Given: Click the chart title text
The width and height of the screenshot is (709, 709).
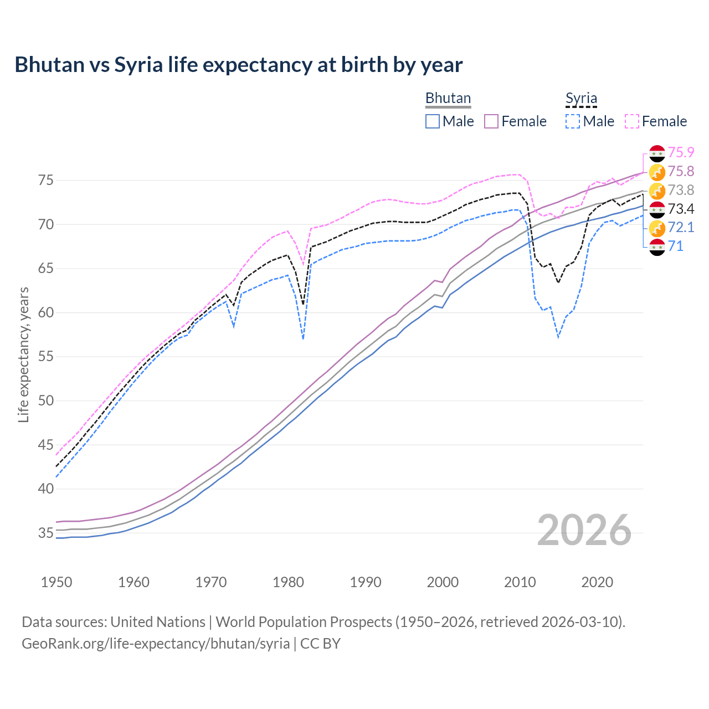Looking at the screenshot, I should [238, 65].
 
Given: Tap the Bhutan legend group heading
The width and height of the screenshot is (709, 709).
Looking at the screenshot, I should [448, 99].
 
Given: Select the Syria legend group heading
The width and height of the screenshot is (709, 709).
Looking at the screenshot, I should [581, 99].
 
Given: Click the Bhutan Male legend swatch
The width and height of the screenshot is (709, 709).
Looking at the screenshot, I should [433, 121].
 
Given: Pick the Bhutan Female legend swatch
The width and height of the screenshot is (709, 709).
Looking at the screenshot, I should [491, 121].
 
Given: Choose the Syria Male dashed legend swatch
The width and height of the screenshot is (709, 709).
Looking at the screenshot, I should [573, 121].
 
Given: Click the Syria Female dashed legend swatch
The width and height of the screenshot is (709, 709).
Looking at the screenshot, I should [632, 121].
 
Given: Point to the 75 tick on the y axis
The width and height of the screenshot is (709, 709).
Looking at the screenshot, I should [46, 181].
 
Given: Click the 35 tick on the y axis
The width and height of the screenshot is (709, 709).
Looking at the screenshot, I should [46, 533].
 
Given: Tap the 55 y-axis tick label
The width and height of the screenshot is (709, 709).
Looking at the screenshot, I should [46, 357].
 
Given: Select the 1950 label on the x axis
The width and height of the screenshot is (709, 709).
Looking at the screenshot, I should [56, 582].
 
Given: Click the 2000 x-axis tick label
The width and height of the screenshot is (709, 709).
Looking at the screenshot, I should [443, 582].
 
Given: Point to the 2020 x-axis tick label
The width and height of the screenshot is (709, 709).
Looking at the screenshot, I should [597, 582].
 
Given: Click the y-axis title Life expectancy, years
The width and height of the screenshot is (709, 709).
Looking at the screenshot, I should [23, 354].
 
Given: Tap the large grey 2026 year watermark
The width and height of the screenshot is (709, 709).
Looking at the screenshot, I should [584, 530].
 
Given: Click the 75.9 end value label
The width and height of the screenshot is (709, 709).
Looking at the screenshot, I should [681, 152].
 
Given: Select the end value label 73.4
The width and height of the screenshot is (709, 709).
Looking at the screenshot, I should [681, 209].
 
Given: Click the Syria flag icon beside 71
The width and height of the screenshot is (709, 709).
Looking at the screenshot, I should [657, 247].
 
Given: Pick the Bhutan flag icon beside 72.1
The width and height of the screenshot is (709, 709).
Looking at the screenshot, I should [657, 228].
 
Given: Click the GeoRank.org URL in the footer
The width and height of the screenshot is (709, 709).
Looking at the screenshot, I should [156, 644].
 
